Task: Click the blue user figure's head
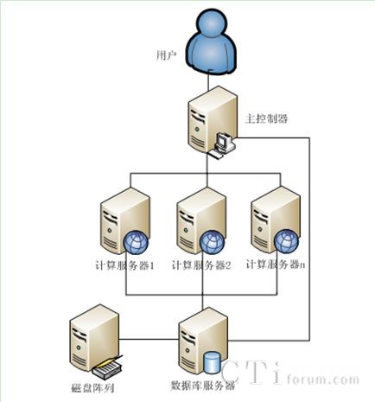coord(212,22)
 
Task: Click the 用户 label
coord(166,55)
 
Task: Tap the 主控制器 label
coord(266,118)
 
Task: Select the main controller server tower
coord(213,120)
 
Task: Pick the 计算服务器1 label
coord(124,265)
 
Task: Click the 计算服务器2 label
coord(201,265)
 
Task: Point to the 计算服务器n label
coord(276,265)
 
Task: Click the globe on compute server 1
coord(136,242)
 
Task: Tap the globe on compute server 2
coord(212,242)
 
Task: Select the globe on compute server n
coord(286,241)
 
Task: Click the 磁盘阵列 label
coord(92,388)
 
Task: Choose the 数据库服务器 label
coord(203,386)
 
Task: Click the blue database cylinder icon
coord(212,361)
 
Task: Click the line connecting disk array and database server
coord(149,339)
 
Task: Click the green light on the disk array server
coord(78,348)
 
